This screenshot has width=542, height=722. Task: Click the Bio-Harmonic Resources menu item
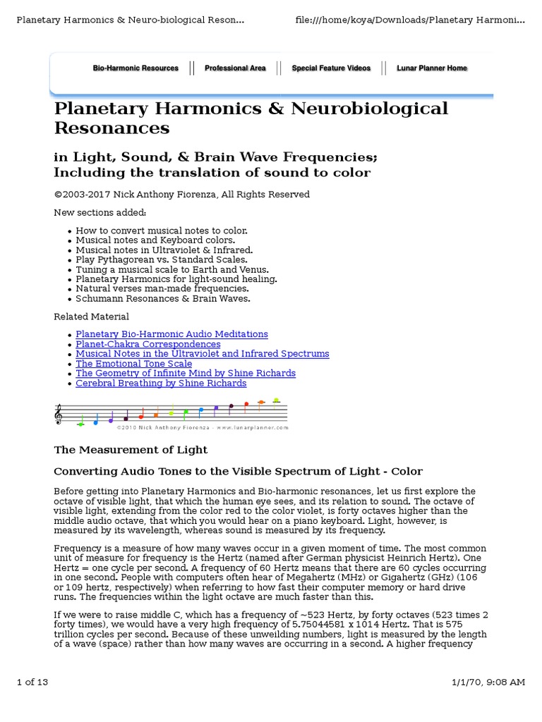[x=135, y=68]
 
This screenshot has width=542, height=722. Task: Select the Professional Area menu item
[x=235, y=68]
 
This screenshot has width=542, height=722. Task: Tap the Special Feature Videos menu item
[x=331, y=68]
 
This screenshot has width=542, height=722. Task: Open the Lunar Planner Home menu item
[x=432, y=68]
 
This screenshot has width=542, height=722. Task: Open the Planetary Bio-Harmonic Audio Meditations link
[x=171, y=334]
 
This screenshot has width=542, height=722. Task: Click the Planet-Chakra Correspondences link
[x=148, y=344]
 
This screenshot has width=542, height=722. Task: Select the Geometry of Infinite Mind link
[x=186, y=373]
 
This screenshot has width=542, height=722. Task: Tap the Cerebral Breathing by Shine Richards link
[x=161, y=383]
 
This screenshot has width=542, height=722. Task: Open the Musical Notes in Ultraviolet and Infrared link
[x=203, y=354]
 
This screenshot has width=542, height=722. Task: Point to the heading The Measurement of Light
[x=131, y=450]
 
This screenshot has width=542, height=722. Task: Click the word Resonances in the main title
[x=112, y=128]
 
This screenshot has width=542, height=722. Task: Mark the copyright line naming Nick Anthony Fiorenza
[x=182, y=195]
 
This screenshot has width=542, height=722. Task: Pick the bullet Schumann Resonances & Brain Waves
[x=163, y=298]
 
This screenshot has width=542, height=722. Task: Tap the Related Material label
[x=92, y=317]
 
